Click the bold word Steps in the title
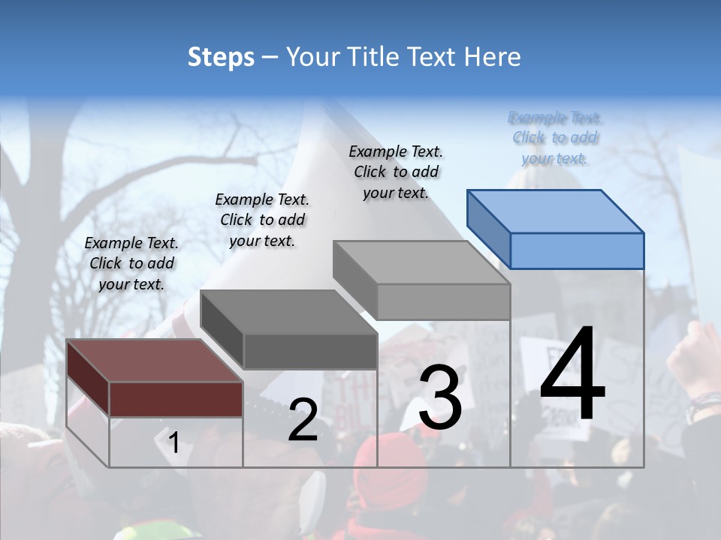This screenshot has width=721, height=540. (221, 57)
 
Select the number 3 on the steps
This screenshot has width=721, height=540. (440, 397)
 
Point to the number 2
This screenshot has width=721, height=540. (303, 421)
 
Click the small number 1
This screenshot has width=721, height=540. (173, 443)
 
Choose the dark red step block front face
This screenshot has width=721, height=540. (176, 399)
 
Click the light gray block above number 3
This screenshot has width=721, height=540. (443, 301)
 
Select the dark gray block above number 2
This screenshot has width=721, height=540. (310, 351)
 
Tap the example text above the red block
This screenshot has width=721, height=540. (131, 263)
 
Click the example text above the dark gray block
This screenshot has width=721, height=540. (262, 220)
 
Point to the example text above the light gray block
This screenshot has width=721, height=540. (396, 172)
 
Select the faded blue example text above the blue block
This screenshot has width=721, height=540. (555, 138)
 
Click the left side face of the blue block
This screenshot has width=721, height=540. (488, 229)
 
